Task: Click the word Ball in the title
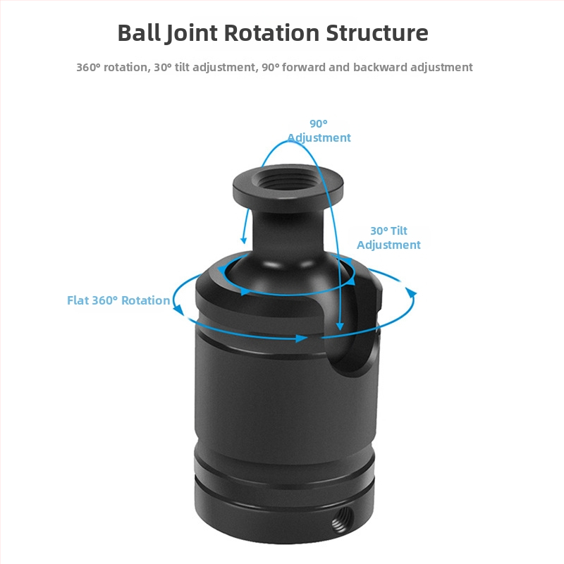(x=139, y=32)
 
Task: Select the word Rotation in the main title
(x=271, y=33)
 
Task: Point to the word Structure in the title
(x=377, y=33)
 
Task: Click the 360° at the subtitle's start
(x=89, y=67)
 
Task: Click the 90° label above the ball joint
(x=319, y=124)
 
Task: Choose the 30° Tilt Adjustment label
(x=388, y=238)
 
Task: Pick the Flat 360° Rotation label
(x=118, y=300)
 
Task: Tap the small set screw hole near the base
(x=342, y=519)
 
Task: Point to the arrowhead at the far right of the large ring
(x=412, y=293)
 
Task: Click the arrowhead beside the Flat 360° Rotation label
(x=178, y=309)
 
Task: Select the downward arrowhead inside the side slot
(x=340, y=326)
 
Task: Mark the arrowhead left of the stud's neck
(x=244, y=240)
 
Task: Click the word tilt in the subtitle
(x=182, y=67)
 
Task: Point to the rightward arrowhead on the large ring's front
(x=302, y=338)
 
